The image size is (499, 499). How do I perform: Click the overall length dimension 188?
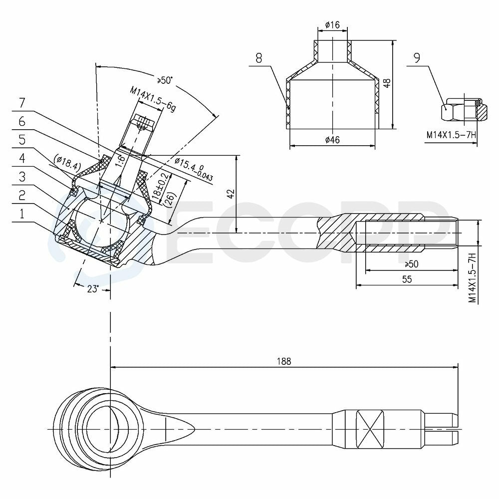pos(284,361)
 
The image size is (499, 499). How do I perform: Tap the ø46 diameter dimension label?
pos(332,139)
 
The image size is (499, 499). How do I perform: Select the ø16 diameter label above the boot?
pos(332,24)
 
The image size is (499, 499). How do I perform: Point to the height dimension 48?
pos(387,83)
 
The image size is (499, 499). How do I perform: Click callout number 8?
pos(258,58)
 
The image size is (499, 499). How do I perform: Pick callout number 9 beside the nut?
pos(417,57)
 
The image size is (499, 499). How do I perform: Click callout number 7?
pos(22,103)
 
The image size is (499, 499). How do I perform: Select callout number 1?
pos(22,214)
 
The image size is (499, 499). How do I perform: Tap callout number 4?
pos(22,158)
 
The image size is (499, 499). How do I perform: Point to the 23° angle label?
pos(93,288)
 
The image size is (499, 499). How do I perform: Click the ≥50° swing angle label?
pos(164,80)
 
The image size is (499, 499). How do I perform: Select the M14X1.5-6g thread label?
pos(153,99)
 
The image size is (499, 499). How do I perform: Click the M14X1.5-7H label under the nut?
pos(451,135)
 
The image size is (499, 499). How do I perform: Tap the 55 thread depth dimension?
pos(407,279)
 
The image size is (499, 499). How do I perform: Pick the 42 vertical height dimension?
pos(231,194)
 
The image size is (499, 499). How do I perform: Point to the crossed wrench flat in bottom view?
pos(370,429)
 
